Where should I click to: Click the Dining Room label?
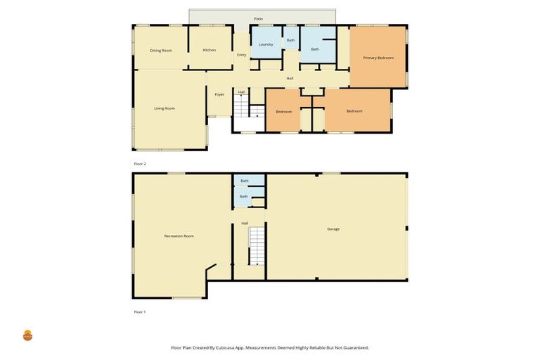click(x=161, y=51)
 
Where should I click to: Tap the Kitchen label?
click(x=210, y=51)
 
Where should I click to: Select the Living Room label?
click(x=165, y=108)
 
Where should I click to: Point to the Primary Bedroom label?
click(x=378, y=58)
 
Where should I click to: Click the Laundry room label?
click(x=266, y=45)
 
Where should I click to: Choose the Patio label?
click(x=258, y=18)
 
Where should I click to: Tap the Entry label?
click(x=242, y=55)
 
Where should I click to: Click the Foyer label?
click(x=219, y=94)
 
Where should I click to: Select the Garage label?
click(x=333, y=229)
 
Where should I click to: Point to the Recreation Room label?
click(x=179, y=236)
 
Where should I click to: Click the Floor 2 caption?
click(x=140, y=164)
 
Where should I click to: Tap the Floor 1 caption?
click(x=140, y=311)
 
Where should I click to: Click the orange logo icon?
click(x=27, y=335)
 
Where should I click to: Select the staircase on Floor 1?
click(x=257, y=246)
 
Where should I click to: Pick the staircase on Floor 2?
click(x=241, y=107)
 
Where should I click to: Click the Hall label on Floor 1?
click(x=245, y=224)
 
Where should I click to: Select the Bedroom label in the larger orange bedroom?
click(x=354, y=111)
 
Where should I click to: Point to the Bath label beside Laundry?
click(x=290, y=41)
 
